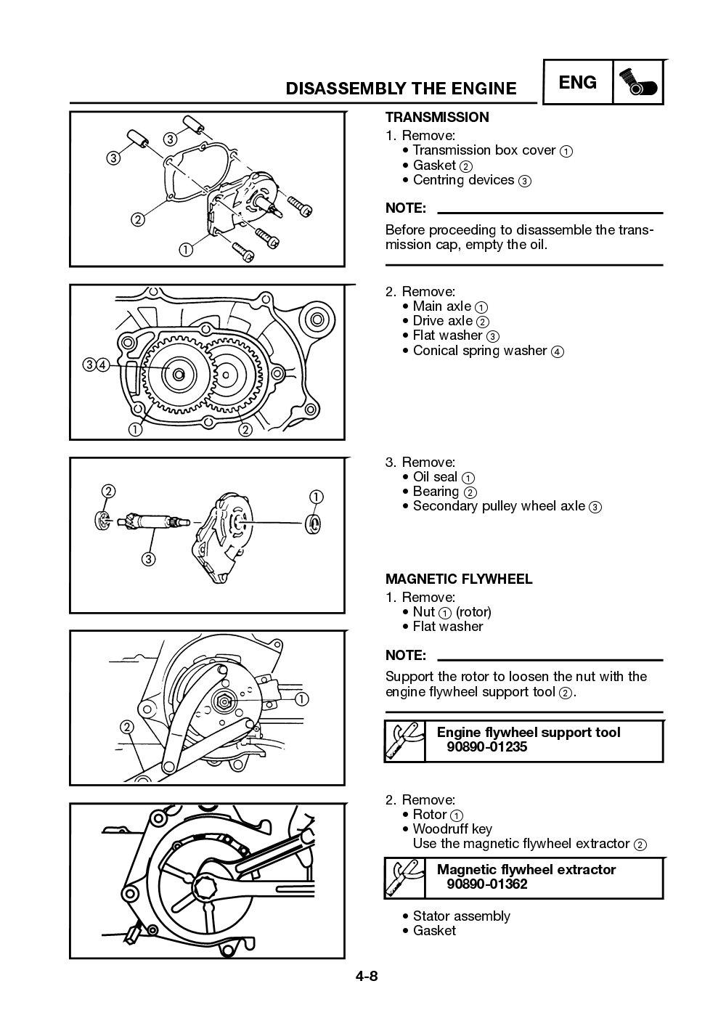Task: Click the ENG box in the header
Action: (578, 83)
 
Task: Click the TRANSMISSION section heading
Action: (436, 117)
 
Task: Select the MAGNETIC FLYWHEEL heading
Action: (458, 579)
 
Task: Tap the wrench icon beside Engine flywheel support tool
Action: (404, 740)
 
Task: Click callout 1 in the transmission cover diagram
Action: (186, 250)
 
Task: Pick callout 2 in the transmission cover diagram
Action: (137, 219)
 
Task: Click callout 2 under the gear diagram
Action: (245, 430)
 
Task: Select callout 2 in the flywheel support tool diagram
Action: (126, 728)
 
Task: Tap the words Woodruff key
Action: (452, 828)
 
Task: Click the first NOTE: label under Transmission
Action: (405, 208)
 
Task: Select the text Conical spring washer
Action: (479, 350)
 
